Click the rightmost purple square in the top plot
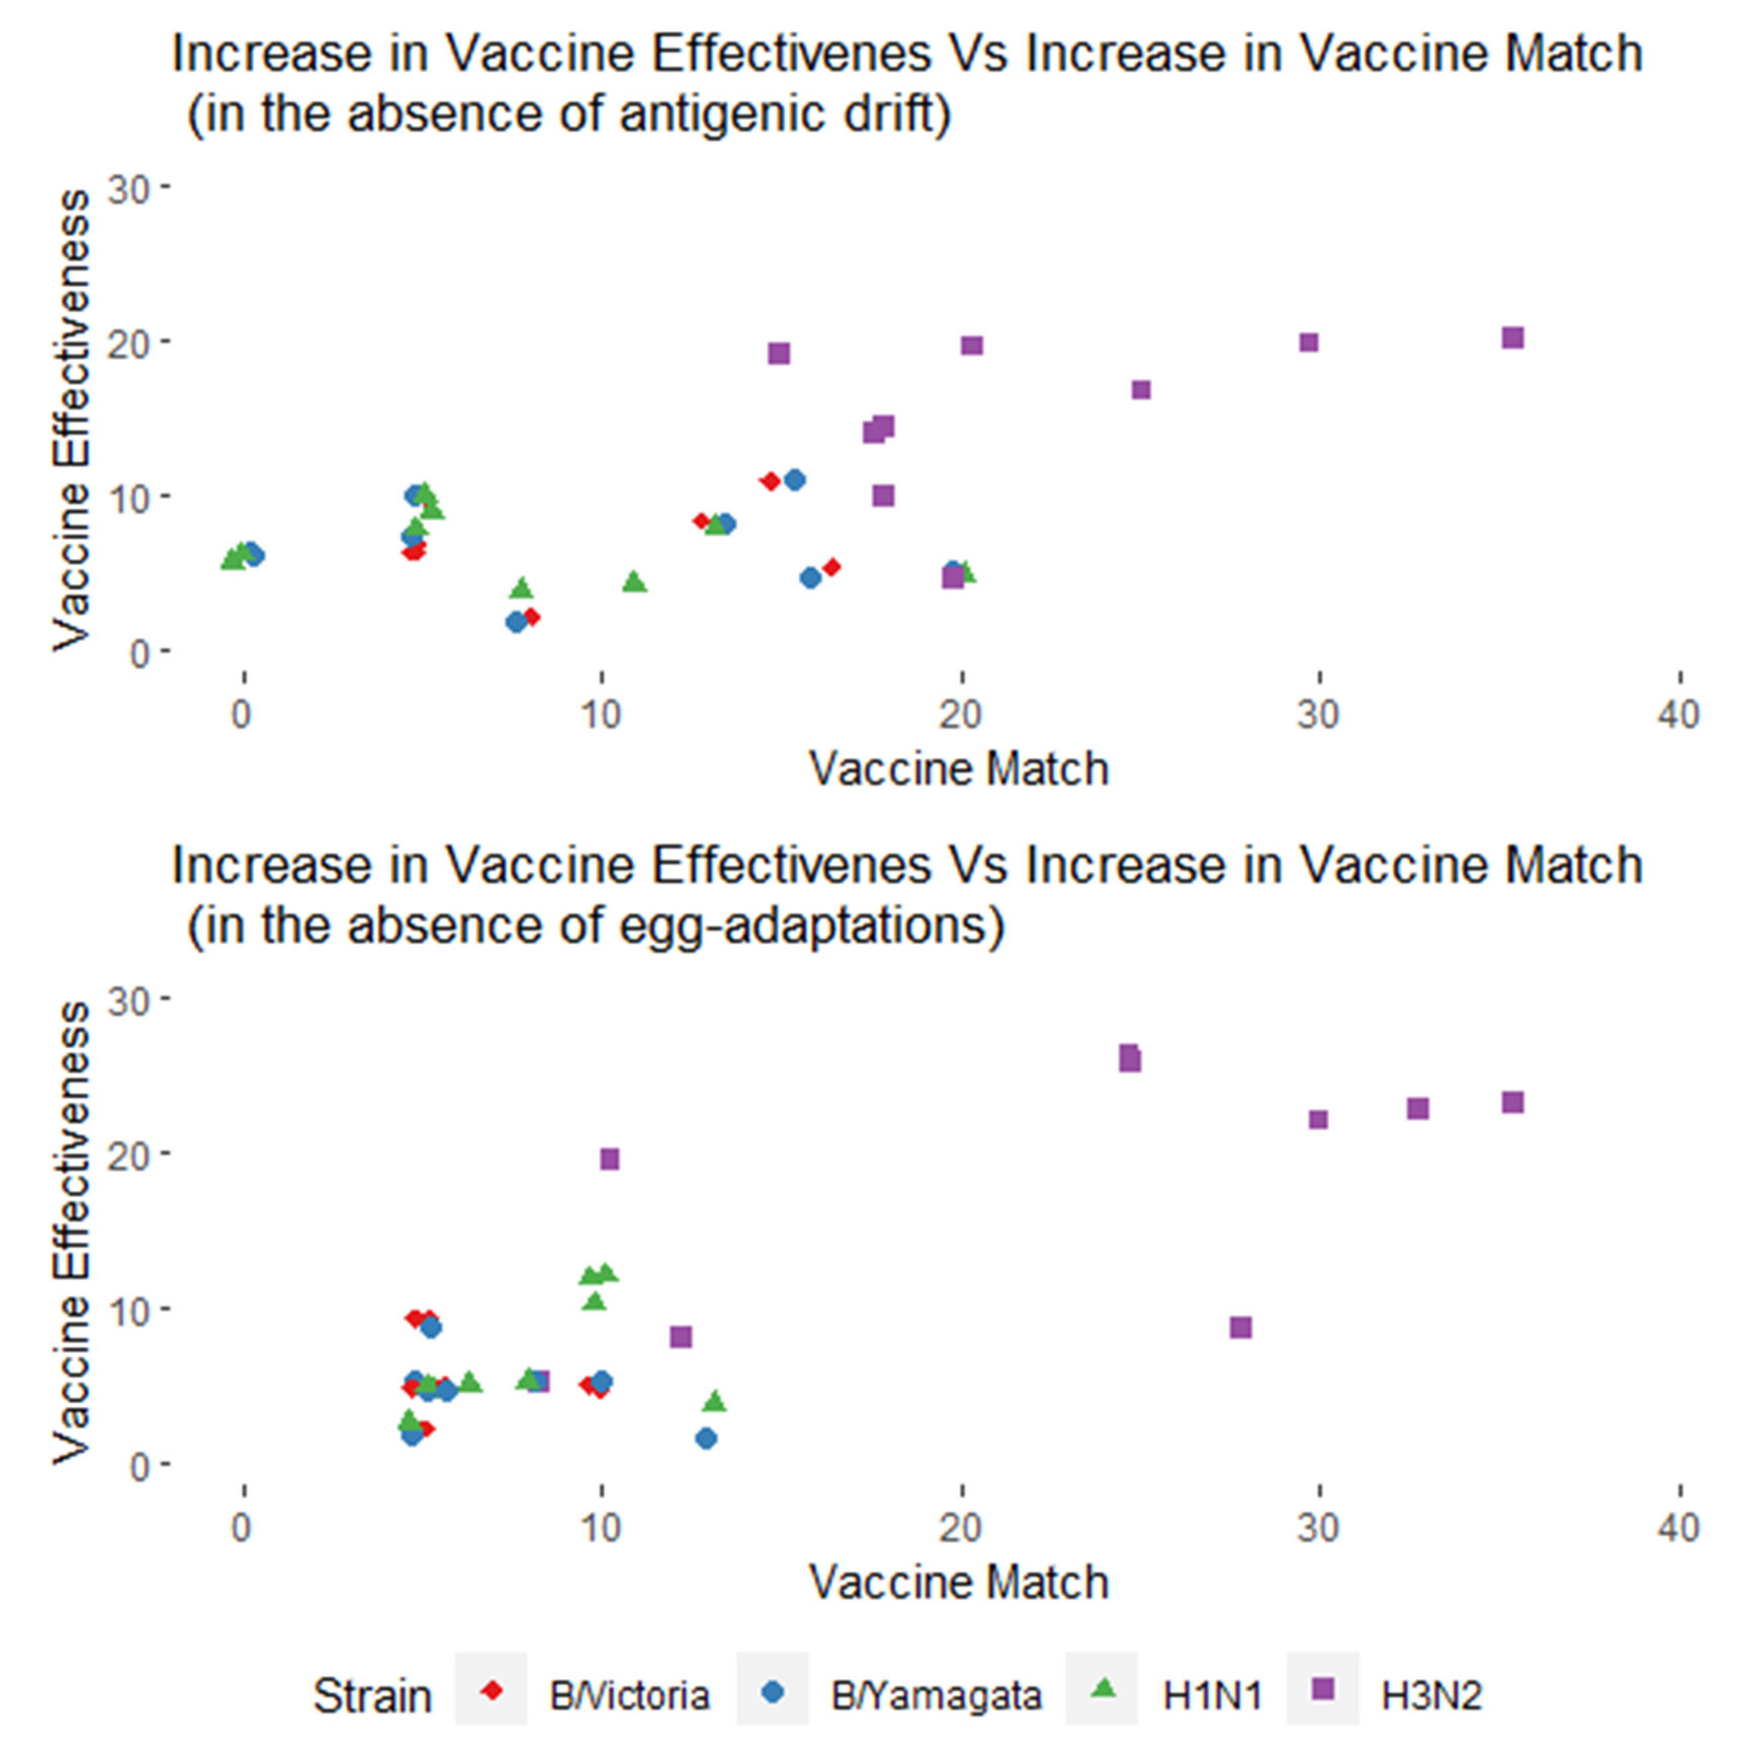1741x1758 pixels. (1512, 337)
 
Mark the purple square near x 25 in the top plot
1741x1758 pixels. (1141, 390)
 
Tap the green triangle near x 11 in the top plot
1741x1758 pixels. (634, 581)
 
